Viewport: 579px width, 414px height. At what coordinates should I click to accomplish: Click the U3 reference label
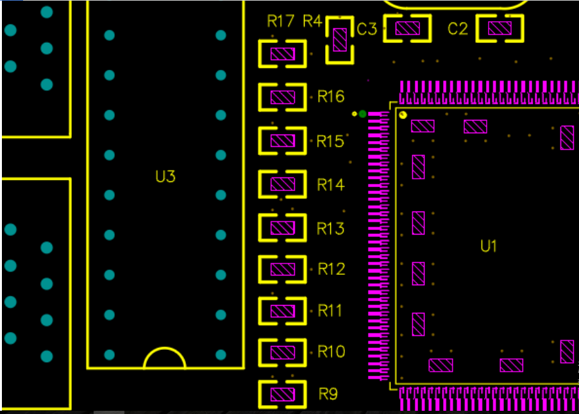(x=165, y=176)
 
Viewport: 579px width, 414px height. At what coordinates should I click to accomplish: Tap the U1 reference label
(x=489, y=245)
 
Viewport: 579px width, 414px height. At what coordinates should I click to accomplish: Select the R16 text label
(x=331, y=97)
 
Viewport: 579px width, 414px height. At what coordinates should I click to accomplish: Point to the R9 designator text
(x=328, y=393)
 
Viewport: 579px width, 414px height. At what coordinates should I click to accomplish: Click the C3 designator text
(x=367, y=29)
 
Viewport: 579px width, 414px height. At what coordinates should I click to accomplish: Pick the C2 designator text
(x=458, y=29)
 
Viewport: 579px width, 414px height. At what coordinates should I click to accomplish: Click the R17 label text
(x=280, y=21)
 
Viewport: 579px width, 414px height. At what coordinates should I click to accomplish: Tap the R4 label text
(x=312, y=21)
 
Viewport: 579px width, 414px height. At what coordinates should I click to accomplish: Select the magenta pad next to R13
(x=282, y=228)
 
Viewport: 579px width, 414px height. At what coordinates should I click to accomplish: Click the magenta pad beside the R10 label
(x=282, y=352)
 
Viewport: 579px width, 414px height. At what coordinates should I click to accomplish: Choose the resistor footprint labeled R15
(x=282, y=141)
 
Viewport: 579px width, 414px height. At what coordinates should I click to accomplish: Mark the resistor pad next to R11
(x=282, y=311)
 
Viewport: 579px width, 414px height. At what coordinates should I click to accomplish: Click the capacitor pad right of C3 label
(x=407, y=28)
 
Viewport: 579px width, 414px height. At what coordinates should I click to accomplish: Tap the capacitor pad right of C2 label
(x=499, y=28)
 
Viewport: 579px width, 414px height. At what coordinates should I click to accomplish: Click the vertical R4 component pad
(x=339, y=40)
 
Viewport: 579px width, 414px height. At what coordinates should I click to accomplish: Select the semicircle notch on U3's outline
(x=164, y=359)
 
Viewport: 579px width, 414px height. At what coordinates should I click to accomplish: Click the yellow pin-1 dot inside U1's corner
(x=403, y=115)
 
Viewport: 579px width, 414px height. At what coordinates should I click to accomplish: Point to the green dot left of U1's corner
(x=363, y=114)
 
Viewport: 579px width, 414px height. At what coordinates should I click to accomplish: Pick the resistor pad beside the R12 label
(x=282, y=269)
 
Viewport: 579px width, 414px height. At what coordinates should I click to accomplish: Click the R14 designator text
(x=331, y=185)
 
